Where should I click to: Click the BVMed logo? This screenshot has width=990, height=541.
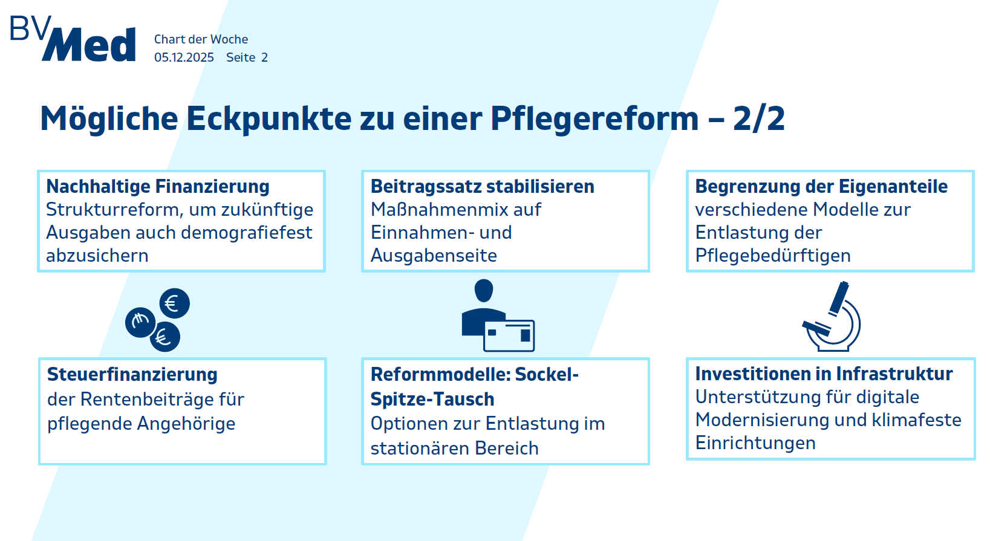pyautogui.click(x=73, y=39)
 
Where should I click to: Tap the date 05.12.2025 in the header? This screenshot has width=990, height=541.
pyautogui.click(x=184, y=57)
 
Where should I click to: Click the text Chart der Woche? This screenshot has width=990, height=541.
pyautogui.click(x=201, y=39)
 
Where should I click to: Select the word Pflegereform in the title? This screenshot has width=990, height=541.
pyautogui.click(x=594, y=119)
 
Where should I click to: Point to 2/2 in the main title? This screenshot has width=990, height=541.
pyautogui.click(x=759, y=118)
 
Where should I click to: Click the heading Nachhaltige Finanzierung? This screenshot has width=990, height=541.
pyautogui.click(x=158, y=186)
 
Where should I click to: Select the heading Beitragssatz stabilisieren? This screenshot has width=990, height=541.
pyautogui.click(x=482, y=186)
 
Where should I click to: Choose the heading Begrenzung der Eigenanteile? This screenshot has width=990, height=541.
pyautogui.click(x=821, y=186)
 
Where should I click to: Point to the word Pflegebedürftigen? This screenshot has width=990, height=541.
pyautogui.click(x=772, y=256)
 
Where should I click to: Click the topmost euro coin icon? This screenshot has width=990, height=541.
pyautogui.click(x=175, y=303)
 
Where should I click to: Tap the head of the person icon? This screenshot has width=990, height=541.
pyautogui.click(x=483, y=290)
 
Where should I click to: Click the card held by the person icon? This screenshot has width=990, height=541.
pyautogui.click(x=509, y=335)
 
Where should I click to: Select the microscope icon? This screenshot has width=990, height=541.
pyautogui.click(x=832, y=316)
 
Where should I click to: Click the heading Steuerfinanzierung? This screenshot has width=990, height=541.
pyautogui.click(x=132, y=375)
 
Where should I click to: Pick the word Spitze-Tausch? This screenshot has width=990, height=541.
pyautogui.click(x=432, y=399)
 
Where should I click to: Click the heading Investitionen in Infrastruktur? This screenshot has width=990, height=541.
pyautogui.click(x=824, y=374)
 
